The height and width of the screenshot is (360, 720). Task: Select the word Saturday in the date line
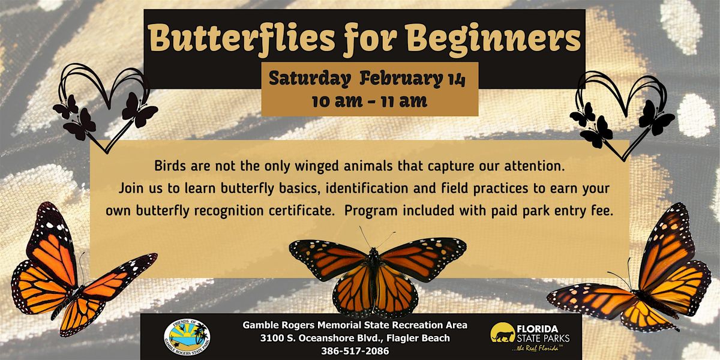[x=310, y=79]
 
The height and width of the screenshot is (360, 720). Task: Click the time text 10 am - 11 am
[x=370, y=101]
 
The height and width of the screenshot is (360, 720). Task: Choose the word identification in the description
[x=367, y=188]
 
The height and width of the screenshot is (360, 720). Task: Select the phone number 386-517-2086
[x=355, y=350]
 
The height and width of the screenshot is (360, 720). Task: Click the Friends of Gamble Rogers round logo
[x=187, y=337]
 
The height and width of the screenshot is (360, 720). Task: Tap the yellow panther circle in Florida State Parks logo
[x=503, y=332]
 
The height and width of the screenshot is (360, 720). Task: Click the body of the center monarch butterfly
[x=374, y=277]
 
